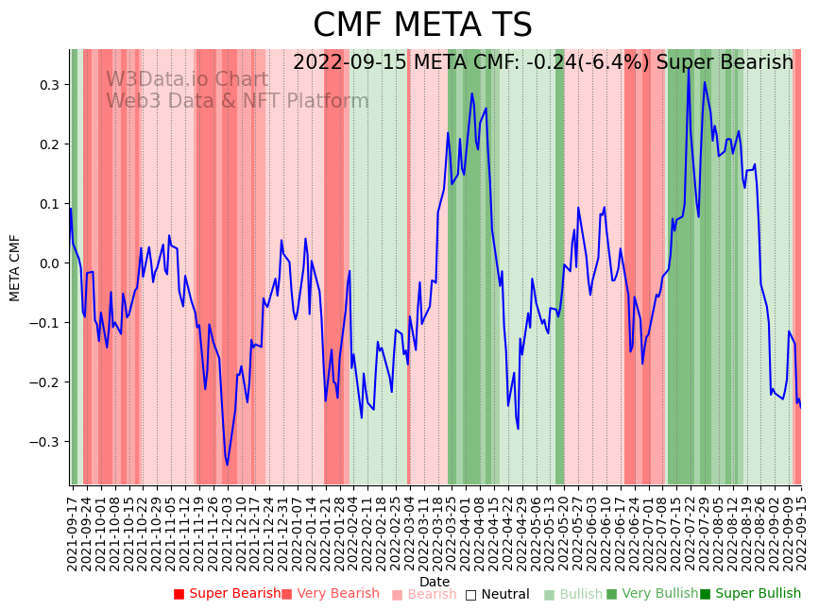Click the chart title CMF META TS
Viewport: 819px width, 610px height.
click(x=422, y=25)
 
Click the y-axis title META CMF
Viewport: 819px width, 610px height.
click(x=15, y=267)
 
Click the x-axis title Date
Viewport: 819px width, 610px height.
click(x=435, y=582)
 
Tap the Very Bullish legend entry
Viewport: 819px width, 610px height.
click(x=651, y=594)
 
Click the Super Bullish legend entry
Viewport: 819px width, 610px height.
click(x=750, y=594)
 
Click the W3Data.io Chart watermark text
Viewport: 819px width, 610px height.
click(x=187, y=80)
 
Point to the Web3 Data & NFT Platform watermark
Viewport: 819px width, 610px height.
click(x=237, y=102)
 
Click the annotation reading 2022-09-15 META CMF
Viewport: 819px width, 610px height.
click(x=542, y=63)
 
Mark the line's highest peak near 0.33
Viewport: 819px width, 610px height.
click(x=689, y=69)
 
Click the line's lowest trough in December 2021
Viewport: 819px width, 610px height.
click(x=227, y=465)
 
